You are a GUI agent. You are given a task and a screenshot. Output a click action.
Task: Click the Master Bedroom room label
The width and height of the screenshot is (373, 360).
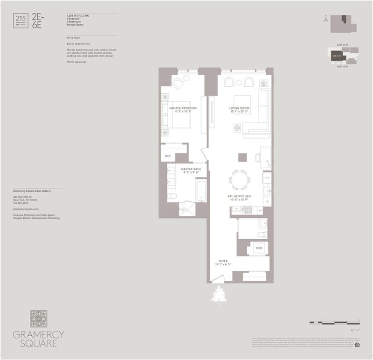183,108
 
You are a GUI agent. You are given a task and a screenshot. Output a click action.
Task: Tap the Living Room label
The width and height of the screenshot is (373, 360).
240,108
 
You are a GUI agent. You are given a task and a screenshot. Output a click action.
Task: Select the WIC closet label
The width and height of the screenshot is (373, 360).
168,156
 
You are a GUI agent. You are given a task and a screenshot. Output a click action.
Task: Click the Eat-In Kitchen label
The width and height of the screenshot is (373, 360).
240,196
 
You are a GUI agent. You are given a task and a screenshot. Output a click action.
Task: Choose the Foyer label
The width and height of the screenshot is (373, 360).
223,261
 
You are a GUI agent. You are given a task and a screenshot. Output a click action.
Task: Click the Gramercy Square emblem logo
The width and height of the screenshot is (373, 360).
39,319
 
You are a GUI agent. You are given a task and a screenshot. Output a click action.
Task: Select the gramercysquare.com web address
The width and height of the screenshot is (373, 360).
26,210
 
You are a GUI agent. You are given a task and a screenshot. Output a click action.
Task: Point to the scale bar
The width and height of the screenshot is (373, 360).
335,322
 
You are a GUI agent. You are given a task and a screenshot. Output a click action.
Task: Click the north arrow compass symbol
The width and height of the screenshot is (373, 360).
325,19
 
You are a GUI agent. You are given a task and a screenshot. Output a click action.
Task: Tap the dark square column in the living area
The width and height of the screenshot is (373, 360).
242,157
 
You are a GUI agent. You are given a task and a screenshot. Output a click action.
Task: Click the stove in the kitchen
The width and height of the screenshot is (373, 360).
247,210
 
